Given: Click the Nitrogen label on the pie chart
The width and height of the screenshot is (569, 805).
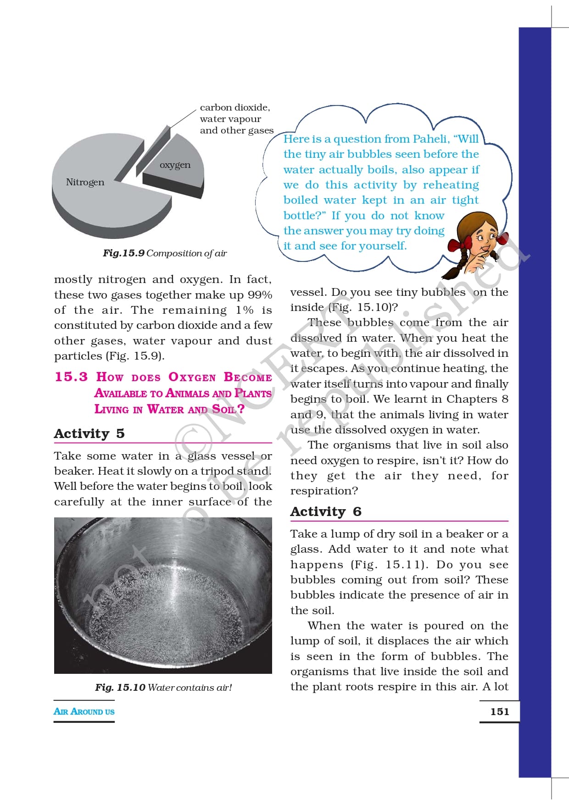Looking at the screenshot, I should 85,182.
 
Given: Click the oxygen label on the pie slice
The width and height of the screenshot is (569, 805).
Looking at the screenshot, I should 175,165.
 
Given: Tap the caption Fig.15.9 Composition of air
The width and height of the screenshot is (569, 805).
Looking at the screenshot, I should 164,253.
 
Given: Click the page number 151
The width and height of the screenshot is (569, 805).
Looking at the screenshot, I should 499,711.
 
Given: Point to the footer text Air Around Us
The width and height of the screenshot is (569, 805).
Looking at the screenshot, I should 84,711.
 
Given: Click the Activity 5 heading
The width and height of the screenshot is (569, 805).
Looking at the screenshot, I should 89,433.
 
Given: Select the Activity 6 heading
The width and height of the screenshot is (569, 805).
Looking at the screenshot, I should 325,511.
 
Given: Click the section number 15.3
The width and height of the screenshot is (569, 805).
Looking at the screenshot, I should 71,377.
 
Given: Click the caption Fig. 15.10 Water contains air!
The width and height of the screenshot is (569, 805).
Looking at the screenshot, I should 163,687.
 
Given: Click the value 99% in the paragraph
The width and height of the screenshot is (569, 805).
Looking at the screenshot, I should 260,295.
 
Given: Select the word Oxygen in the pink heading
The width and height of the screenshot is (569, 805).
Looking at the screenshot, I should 192,377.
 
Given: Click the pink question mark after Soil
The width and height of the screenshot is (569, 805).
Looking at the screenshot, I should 240,409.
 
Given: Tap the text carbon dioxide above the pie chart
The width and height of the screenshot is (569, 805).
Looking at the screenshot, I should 234,107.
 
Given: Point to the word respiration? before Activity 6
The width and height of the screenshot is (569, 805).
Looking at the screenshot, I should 324,491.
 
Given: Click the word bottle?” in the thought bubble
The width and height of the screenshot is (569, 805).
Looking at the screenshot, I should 304,216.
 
